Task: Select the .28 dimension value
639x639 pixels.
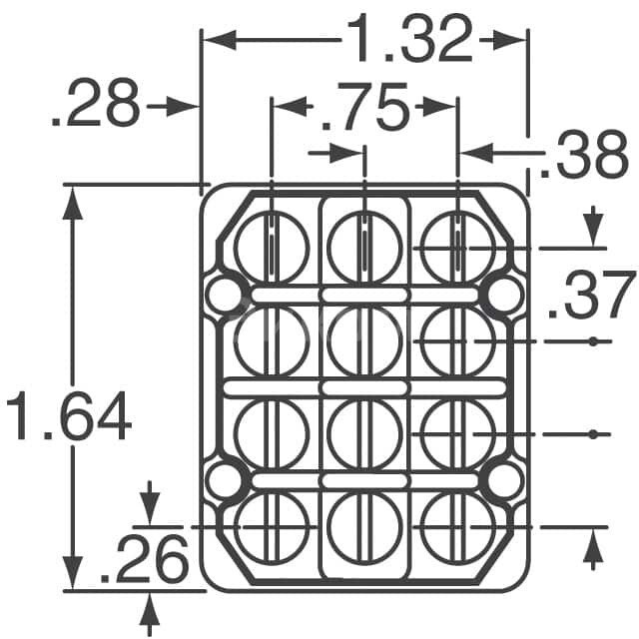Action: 95,106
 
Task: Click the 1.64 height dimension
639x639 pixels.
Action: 68,417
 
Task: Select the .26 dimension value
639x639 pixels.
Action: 145,561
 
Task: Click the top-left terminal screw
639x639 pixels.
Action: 272,246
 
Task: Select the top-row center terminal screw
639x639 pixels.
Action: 364,246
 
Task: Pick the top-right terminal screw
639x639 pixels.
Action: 457,246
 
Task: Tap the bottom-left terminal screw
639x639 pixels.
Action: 272,526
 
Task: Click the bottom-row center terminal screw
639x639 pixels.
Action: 364,526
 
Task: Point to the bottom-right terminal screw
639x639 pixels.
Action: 457,526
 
